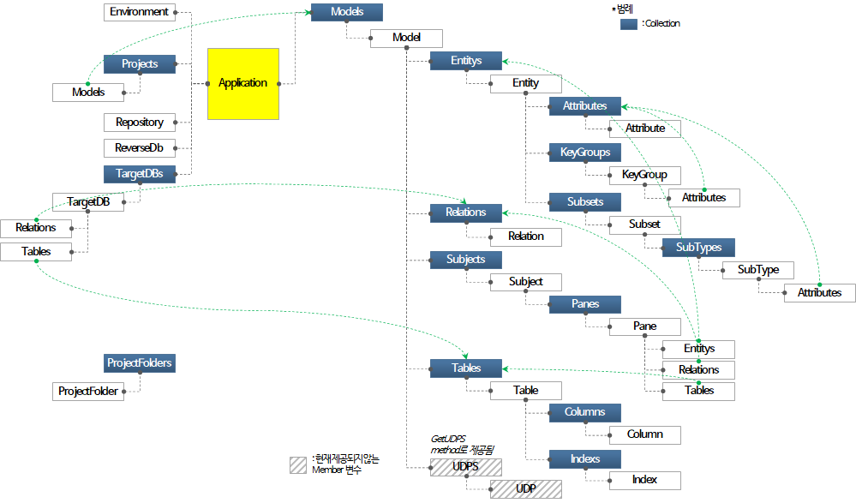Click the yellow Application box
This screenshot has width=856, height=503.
(x=243, y=83)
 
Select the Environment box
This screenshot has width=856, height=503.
(x=139, y=12)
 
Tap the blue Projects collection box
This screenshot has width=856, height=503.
(x=140, y=63)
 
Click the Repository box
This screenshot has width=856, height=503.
(x=140, y=122)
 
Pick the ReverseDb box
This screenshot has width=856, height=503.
(x=140, y=147)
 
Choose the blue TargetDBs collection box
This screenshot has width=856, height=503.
(x=140, y=173)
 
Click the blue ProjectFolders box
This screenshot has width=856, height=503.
(x=140, y=363)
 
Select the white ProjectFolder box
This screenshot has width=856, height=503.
(x=88, y=391)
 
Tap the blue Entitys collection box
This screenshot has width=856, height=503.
(x=465, y=61)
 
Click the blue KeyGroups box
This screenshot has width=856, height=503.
(x=585, y=153)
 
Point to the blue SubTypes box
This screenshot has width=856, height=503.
(x=698, y=247)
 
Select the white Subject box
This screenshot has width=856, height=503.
(x=525, y=281)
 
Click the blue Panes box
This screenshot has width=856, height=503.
(x=585, y=304)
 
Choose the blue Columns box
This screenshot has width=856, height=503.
(x=585, y=412)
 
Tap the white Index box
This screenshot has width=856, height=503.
(x=644, y=479)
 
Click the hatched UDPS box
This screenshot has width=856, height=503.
(x=465, y=467)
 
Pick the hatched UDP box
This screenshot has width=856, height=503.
(x=525, y=489)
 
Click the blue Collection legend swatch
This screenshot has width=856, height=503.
(x=628, y=24)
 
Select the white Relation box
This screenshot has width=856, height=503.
(x=525, y=237)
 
